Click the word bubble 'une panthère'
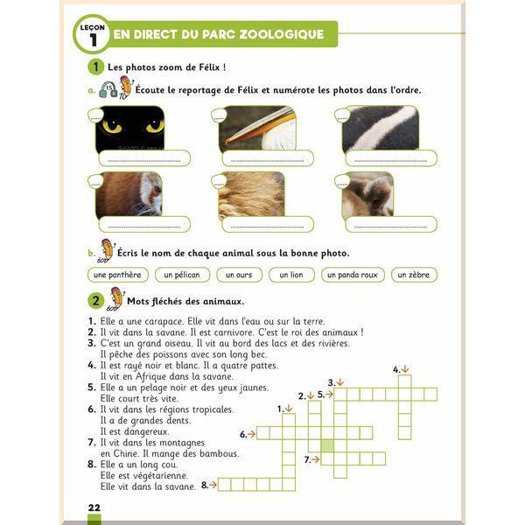[x=117, y=275]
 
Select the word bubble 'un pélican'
[x=182, y=275]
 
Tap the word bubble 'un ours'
[x=239, y=275]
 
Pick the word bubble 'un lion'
[x=291, y=275]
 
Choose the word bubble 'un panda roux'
[x=353, y=275]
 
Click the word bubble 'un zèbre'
[x=414, y=275]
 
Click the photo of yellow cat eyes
[x=129, y=129]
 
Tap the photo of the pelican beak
[x=257, y=128]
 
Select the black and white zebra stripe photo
[x=381, y=128]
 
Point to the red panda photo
[x=129, y=194]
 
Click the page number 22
[x=94, y=507]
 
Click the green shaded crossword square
[x=327, y=446]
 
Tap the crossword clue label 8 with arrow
[x=209, y=485]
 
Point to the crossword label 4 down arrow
[x=401, y=369]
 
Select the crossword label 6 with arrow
[x=248, y=434]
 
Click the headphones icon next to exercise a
[x=108, y=90]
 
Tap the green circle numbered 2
[x=95, y=300]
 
